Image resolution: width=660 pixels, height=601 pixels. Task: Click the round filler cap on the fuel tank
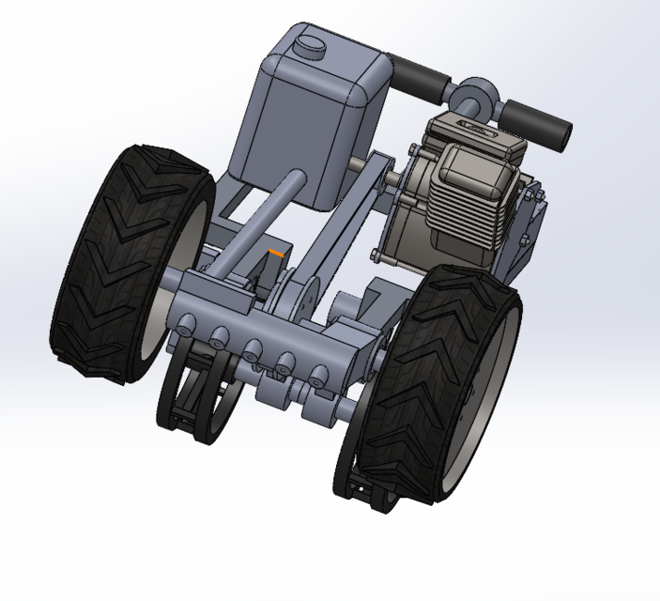tap(308, 43)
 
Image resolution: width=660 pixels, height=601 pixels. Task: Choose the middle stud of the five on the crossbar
tap(253, 354)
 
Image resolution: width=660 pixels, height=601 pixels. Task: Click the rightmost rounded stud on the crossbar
tap(320, 378)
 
